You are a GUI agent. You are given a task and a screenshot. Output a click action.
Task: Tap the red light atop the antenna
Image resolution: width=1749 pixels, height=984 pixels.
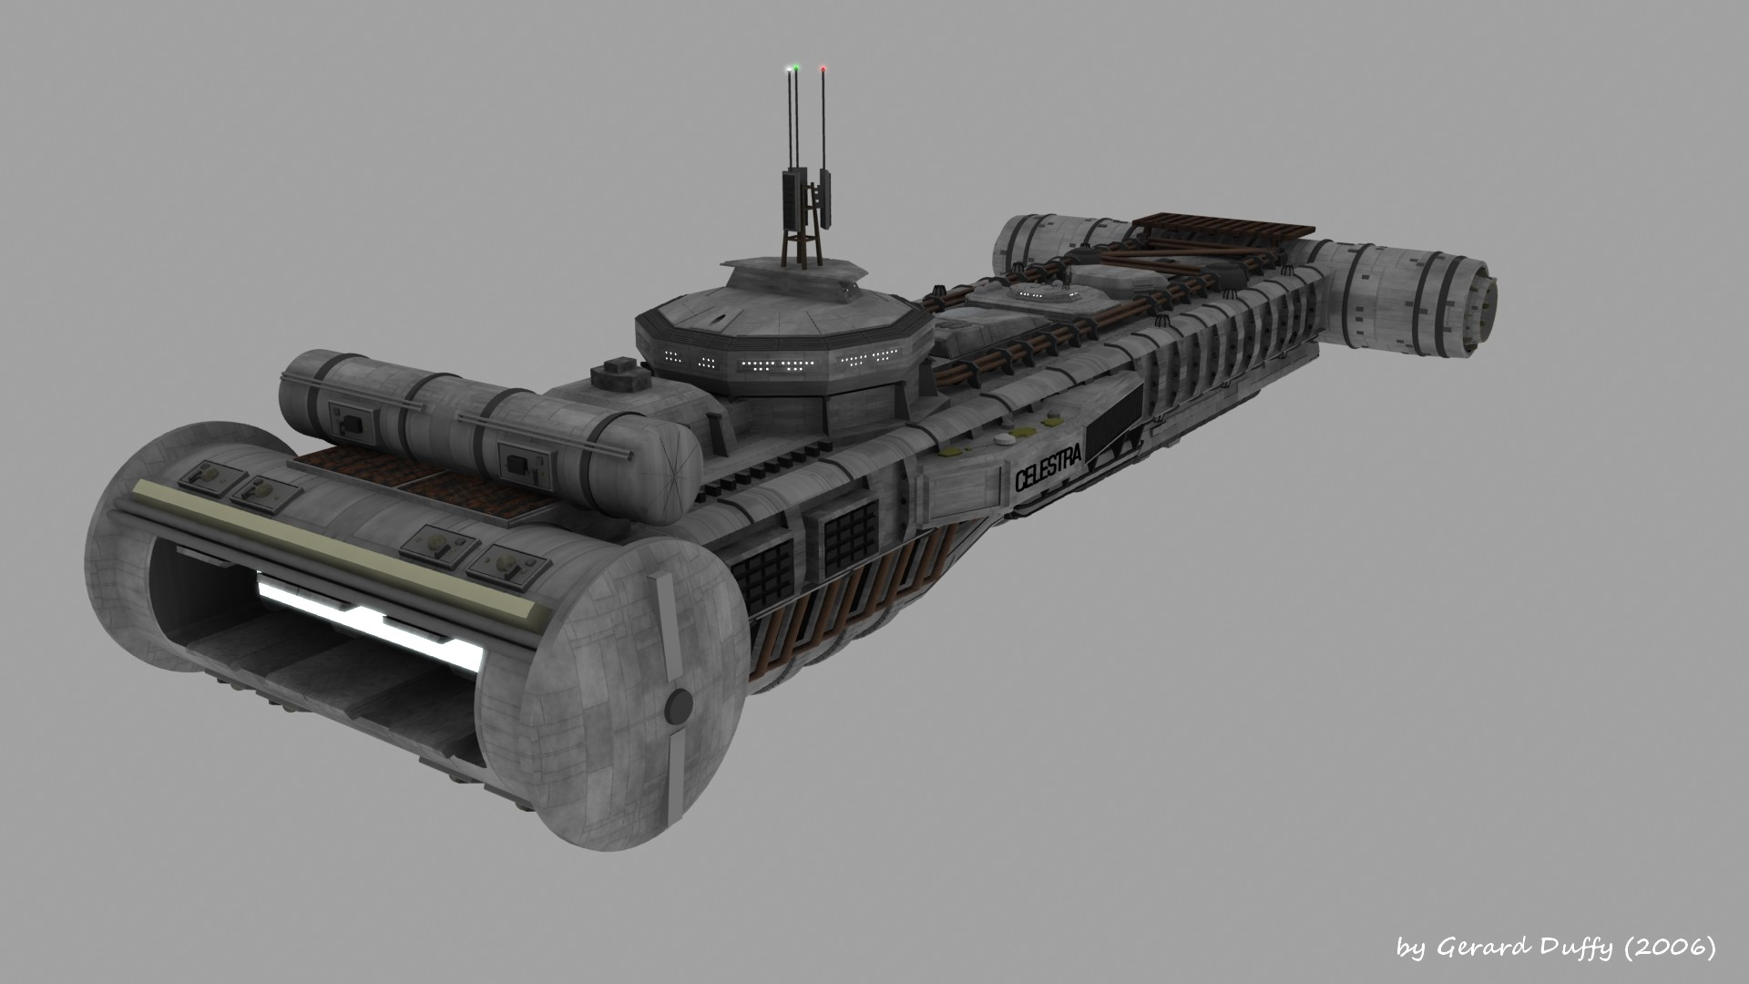pyautogui.click(x=823, y=67)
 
